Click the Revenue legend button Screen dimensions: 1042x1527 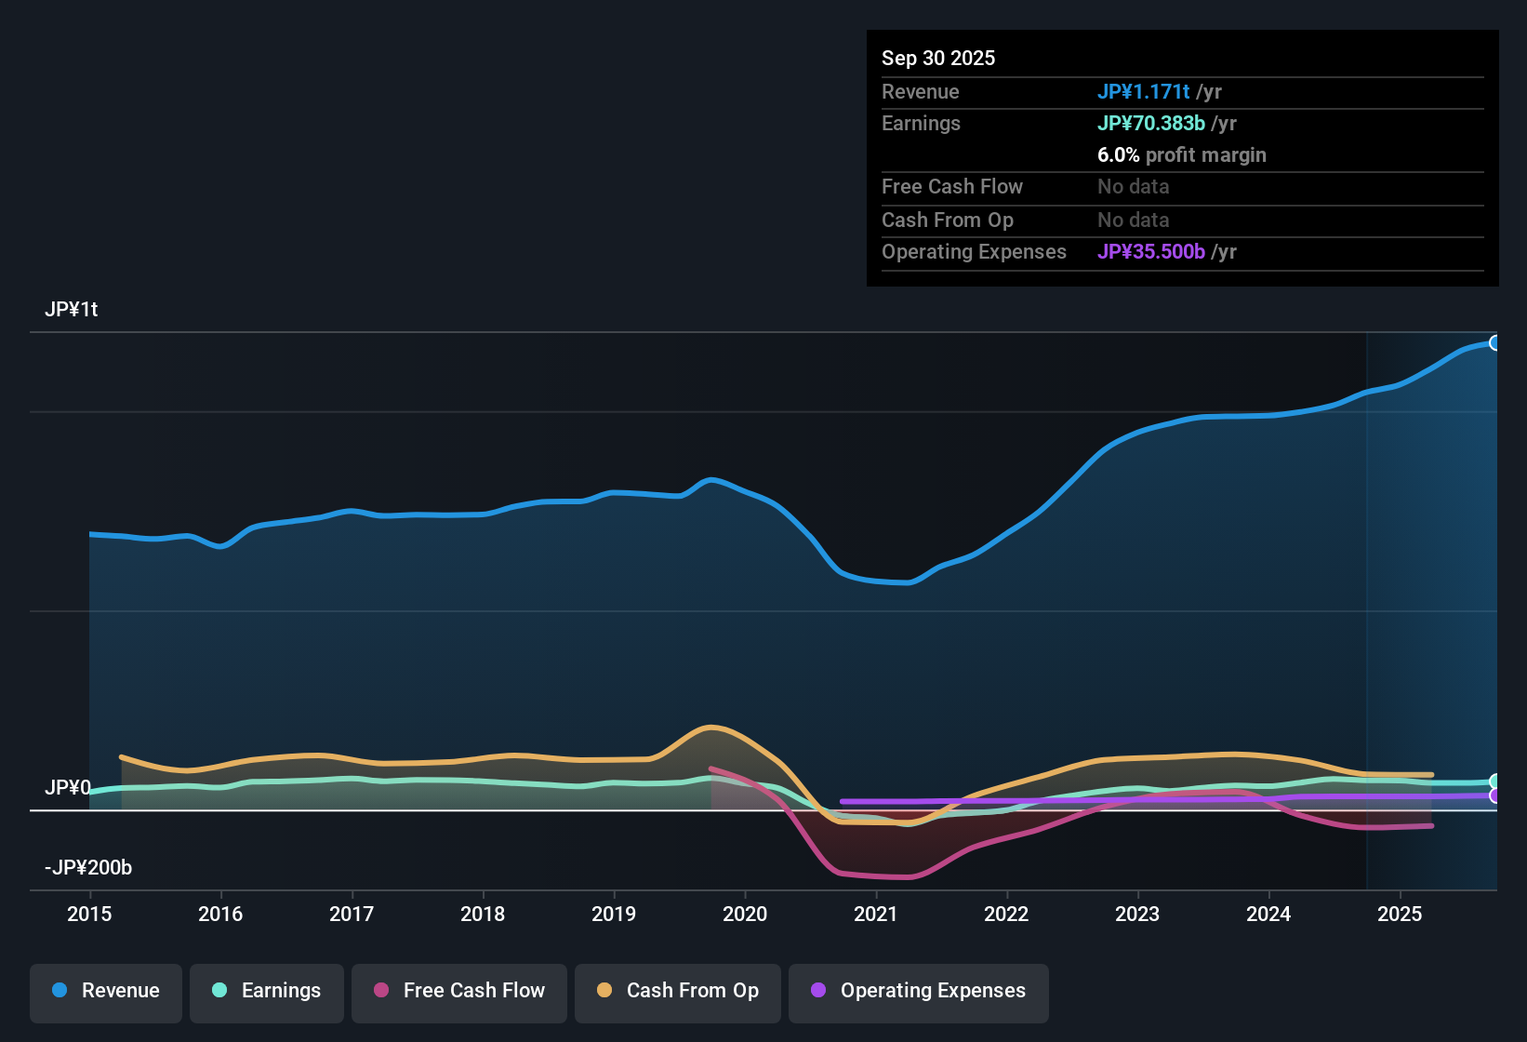106,991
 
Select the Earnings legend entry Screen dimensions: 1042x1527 267,991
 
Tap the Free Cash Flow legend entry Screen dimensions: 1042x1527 459,991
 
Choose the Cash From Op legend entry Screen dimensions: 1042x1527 678,991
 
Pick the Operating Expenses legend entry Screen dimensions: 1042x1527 919,991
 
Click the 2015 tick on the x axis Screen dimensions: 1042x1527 89,914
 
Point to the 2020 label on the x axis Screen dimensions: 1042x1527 745,914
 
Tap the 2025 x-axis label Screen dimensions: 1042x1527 1400,914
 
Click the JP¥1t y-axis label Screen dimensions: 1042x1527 72,309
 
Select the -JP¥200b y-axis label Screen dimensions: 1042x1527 88,867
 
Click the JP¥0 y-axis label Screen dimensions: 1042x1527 68,787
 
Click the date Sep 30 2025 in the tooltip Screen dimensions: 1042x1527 938,58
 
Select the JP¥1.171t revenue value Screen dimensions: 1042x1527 1143,91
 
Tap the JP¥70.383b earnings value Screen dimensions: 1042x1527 1150,123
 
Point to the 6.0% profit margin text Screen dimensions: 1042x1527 1181,154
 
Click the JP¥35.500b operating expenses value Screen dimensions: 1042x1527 1150,251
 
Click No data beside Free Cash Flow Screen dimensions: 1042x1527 1133,186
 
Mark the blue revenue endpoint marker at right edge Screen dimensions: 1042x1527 1494,342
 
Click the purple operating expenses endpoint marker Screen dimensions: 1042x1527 1494,795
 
